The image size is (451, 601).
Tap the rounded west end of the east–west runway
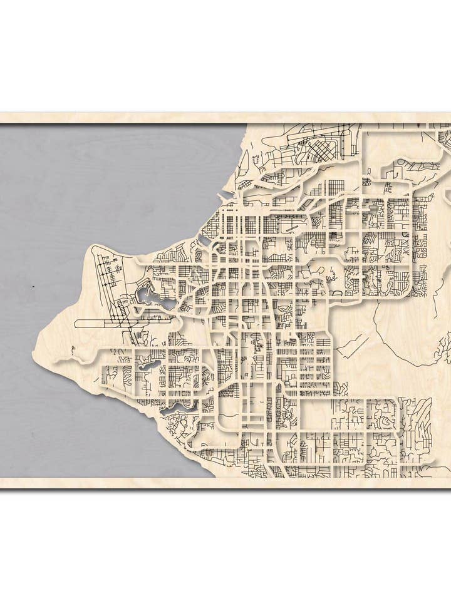coord(76,324)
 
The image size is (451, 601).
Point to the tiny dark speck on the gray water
coord(33,286)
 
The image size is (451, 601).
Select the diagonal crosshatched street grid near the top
coord(326,151)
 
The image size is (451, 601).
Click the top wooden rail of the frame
coord(225,118)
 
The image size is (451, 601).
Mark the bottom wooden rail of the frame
coord(225,483)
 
